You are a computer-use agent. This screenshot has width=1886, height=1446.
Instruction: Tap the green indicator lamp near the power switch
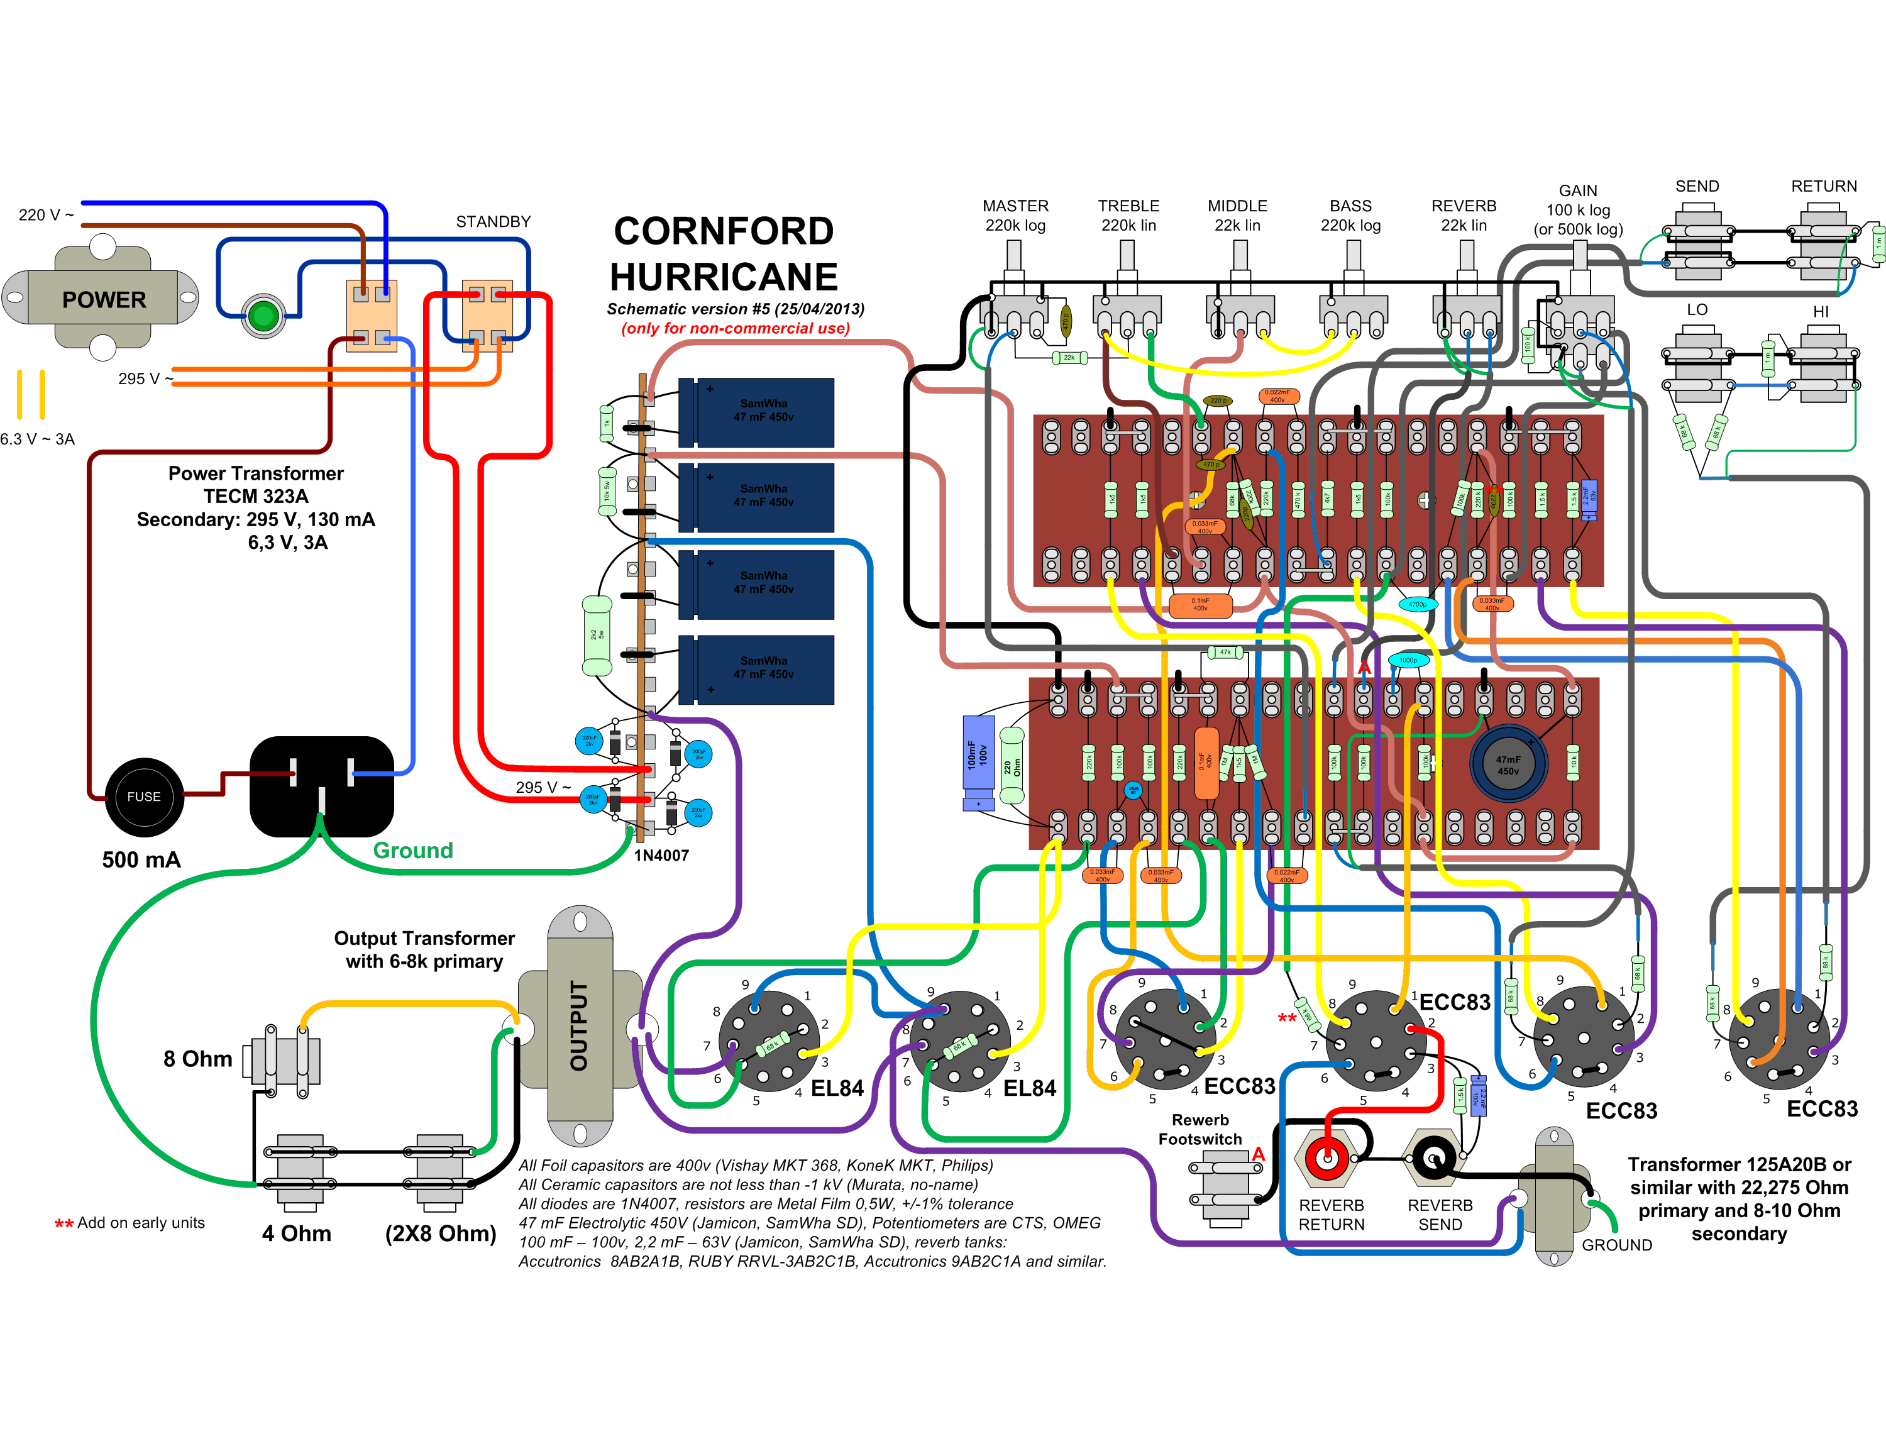[263, 316]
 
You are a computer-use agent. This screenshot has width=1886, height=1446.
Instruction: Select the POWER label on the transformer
[104, 299]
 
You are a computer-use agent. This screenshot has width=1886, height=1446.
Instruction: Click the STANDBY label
[494, 221]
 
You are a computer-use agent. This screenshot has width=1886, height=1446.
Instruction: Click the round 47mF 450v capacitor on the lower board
[1508, 764]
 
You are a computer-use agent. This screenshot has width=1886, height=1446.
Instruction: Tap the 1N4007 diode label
[661, 854]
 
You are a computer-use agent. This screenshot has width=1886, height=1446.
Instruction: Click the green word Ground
[412, 851]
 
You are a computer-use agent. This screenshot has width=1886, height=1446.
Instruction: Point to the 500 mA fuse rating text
[141, 860]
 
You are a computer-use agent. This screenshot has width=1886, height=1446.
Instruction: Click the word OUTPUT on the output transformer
[579, 1025]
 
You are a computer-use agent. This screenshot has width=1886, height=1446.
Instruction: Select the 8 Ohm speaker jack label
[197, 1059]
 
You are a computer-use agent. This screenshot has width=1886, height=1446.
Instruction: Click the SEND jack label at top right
[1697, 186]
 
